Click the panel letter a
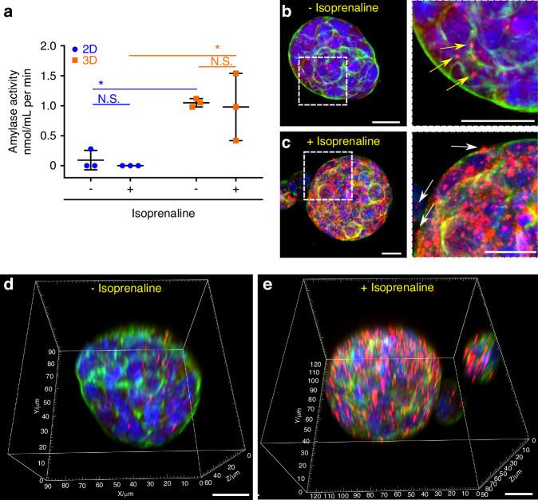(x=8, y=10)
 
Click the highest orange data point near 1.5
(x=235, y=74)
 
